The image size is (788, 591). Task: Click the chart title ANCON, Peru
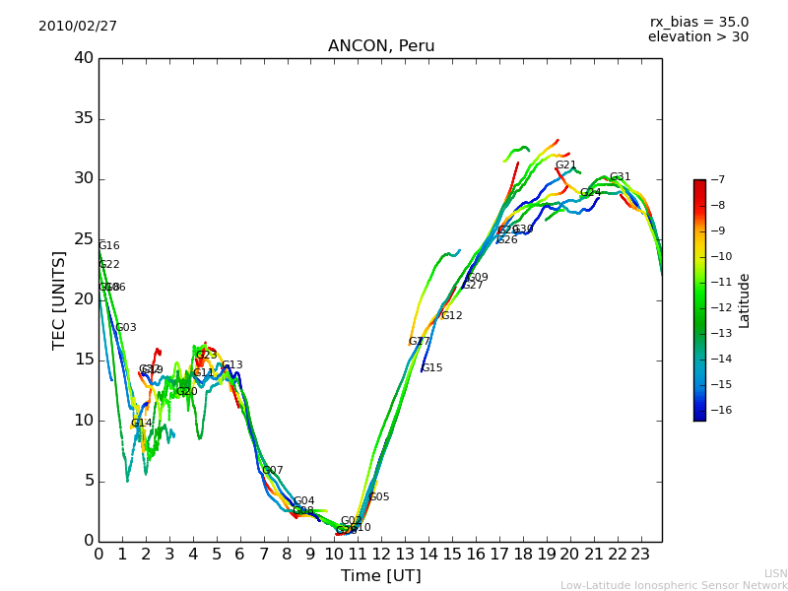coord(381,46)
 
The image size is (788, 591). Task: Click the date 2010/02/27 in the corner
coord(78,26)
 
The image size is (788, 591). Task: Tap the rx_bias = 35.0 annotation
coord(698,22)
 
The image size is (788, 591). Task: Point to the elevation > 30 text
coord(697,37)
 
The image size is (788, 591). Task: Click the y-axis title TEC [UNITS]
coord(59,300)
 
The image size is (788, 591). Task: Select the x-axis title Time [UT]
coord(380,575)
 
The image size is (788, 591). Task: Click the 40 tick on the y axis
coord(84,58)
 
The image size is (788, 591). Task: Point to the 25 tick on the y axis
coord(84,239)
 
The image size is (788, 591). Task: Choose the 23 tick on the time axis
coord(640,554)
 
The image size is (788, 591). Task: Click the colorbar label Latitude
coord(745,300)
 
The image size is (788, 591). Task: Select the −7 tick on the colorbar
coord(716,179)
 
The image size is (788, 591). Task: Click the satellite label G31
coord(620,177)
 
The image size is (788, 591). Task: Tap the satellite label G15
coord(431,368)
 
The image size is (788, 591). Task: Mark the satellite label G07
coord(272,471)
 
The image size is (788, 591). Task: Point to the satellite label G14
coord(141,424)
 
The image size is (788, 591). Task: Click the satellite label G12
coord(451,316)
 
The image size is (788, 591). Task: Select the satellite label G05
coord(378,497)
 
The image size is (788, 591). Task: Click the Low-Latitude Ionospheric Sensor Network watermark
coord(674,585)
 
